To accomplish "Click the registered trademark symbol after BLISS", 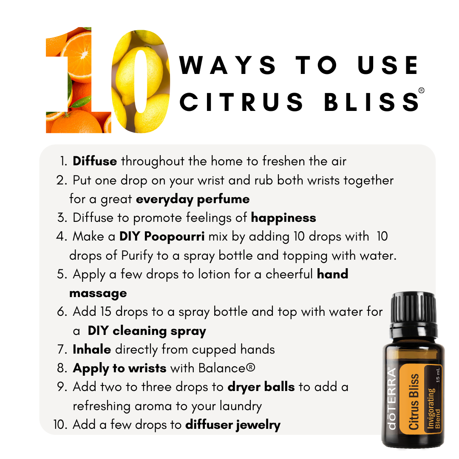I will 421,91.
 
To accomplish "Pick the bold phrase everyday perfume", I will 193,199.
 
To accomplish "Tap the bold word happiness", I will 283,218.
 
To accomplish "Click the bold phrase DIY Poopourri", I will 162,236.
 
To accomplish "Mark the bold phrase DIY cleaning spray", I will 147,331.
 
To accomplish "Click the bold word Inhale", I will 92,349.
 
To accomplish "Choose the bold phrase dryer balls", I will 261,387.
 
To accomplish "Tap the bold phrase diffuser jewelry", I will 233,424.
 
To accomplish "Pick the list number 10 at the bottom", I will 61,424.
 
